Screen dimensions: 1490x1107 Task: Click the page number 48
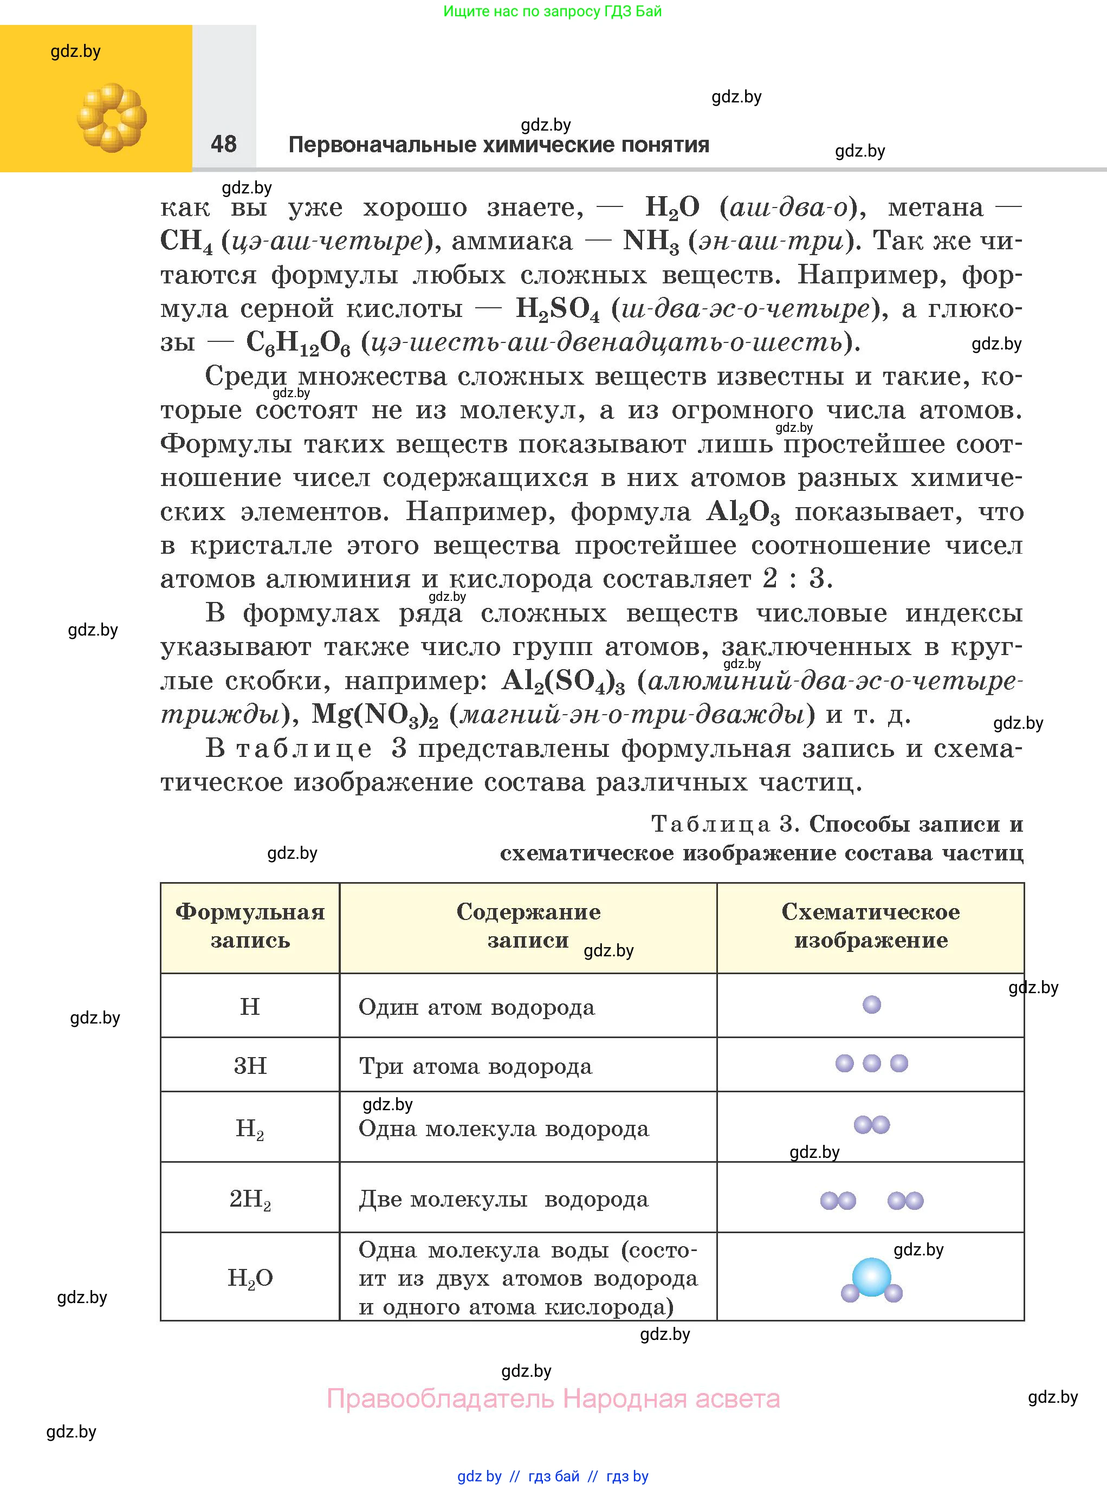click(223, 144)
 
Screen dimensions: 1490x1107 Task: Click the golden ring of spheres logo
click(111, 118)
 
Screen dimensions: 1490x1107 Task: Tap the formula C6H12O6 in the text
click(298, 343)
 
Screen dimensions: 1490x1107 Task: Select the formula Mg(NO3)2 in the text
click(374, 716)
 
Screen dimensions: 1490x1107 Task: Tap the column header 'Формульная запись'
click(250, 927)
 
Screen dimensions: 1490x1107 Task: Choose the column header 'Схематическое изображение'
click(870, 927)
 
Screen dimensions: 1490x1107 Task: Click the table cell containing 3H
click(250, 1066)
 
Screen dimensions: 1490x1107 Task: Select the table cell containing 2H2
click(250, 1199)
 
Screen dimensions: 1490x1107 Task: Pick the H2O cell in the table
click(250, 1278)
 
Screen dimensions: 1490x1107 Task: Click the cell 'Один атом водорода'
click(476, 1007)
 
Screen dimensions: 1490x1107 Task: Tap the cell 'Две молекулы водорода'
click(503, 1199)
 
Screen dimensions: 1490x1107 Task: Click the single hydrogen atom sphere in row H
click(872, 1005)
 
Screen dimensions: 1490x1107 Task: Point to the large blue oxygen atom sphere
click(871, 1277)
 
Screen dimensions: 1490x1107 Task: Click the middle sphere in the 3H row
click(872, 1063)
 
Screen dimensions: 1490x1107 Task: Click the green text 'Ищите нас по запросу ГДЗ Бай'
click(552, 11)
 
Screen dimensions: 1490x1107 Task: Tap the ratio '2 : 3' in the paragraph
click(798, 579)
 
